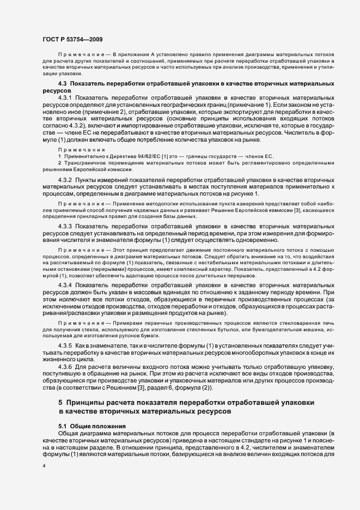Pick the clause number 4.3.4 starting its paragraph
coord(65,285)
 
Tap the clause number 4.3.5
coord(65,346)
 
